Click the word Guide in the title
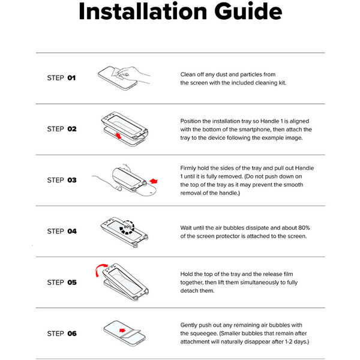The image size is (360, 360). [x=248, y=11]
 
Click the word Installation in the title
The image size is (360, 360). [x=143, y=11]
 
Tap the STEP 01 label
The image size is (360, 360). [x=61, y=78]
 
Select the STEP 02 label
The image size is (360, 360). [x=62, y=129]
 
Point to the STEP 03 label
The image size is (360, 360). [x=62, y=180]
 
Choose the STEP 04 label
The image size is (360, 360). [x=62, y=231]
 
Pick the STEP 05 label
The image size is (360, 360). [x=62, y=283]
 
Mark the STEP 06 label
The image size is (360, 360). [x=62, y=334]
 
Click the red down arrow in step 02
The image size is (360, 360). [x=118, y=136]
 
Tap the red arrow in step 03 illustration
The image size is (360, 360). [x=154, y=181]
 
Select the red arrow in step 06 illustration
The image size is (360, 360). [x=122, y=331]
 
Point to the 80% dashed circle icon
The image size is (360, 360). [x=127, y=227]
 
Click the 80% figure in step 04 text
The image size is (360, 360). [x=304, y=228]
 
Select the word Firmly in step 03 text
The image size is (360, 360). [x=188, y=168]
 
